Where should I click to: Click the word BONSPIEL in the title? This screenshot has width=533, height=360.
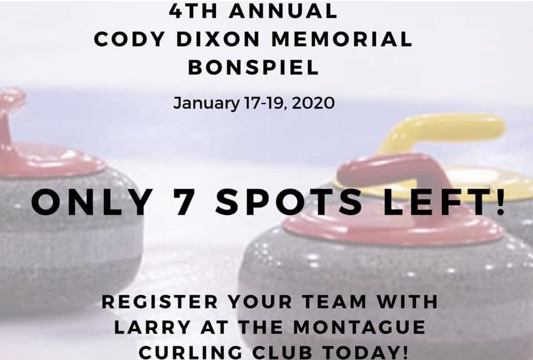[x=253, y=67]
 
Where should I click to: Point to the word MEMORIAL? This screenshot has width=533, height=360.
[x=342, y=39]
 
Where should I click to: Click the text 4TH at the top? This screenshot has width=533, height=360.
[x=193, y=10]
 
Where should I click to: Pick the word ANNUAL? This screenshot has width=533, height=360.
[x=283, y=10]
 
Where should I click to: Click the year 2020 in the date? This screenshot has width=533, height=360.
[x=313, y=103]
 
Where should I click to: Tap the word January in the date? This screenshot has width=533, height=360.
[x=207, y=104]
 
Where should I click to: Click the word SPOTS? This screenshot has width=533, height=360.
[x=289, y=202]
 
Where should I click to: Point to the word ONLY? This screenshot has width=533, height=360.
[x=92, y=202]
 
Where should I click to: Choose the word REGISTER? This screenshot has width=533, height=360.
[x=160, y=302]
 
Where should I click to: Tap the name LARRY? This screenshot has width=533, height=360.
[x=152, y=327]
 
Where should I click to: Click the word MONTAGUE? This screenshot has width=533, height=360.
[x=359, y=327]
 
